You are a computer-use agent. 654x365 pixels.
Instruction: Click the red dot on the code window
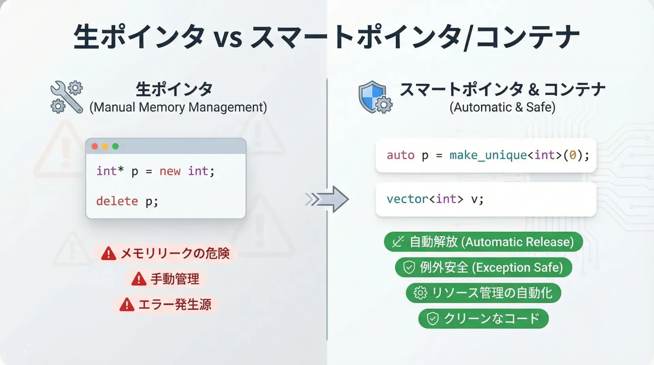(x=95, y=146)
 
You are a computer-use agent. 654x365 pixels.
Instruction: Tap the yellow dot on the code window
(x=105, y=146)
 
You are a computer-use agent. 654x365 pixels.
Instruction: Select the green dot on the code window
(x=115, y=146)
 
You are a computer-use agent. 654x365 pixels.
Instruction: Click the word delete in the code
(x=117, y=201)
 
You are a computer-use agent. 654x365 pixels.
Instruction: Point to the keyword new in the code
(x=170, y=171)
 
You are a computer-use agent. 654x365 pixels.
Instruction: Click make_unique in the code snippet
(x=488, y=155)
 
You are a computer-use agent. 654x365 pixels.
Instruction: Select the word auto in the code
(x=400, y=156)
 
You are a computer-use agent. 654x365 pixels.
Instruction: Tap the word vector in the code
(x=407, y=199)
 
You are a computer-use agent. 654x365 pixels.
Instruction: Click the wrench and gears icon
(x=67, y=97)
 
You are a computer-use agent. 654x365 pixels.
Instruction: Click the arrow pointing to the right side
(x=327, y=199)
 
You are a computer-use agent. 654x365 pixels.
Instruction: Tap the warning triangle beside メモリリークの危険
(x=109, y=253)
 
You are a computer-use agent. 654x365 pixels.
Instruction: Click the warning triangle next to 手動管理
(x=139, y=279)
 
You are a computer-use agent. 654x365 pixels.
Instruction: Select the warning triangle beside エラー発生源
(x=127, y=304)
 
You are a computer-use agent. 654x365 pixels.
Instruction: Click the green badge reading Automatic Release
(x=483, y=242)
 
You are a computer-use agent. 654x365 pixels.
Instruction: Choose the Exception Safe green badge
(x=483, y=267)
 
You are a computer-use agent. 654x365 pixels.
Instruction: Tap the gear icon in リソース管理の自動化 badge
(x=420, y=293)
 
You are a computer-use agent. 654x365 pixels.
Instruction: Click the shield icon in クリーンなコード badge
(x=433, y=319)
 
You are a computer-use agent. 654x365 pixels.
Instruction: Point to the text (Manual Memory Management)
(x=178, y=107)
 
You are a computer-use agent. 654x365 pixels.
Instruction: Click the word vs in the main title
(x=228, y=38)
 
